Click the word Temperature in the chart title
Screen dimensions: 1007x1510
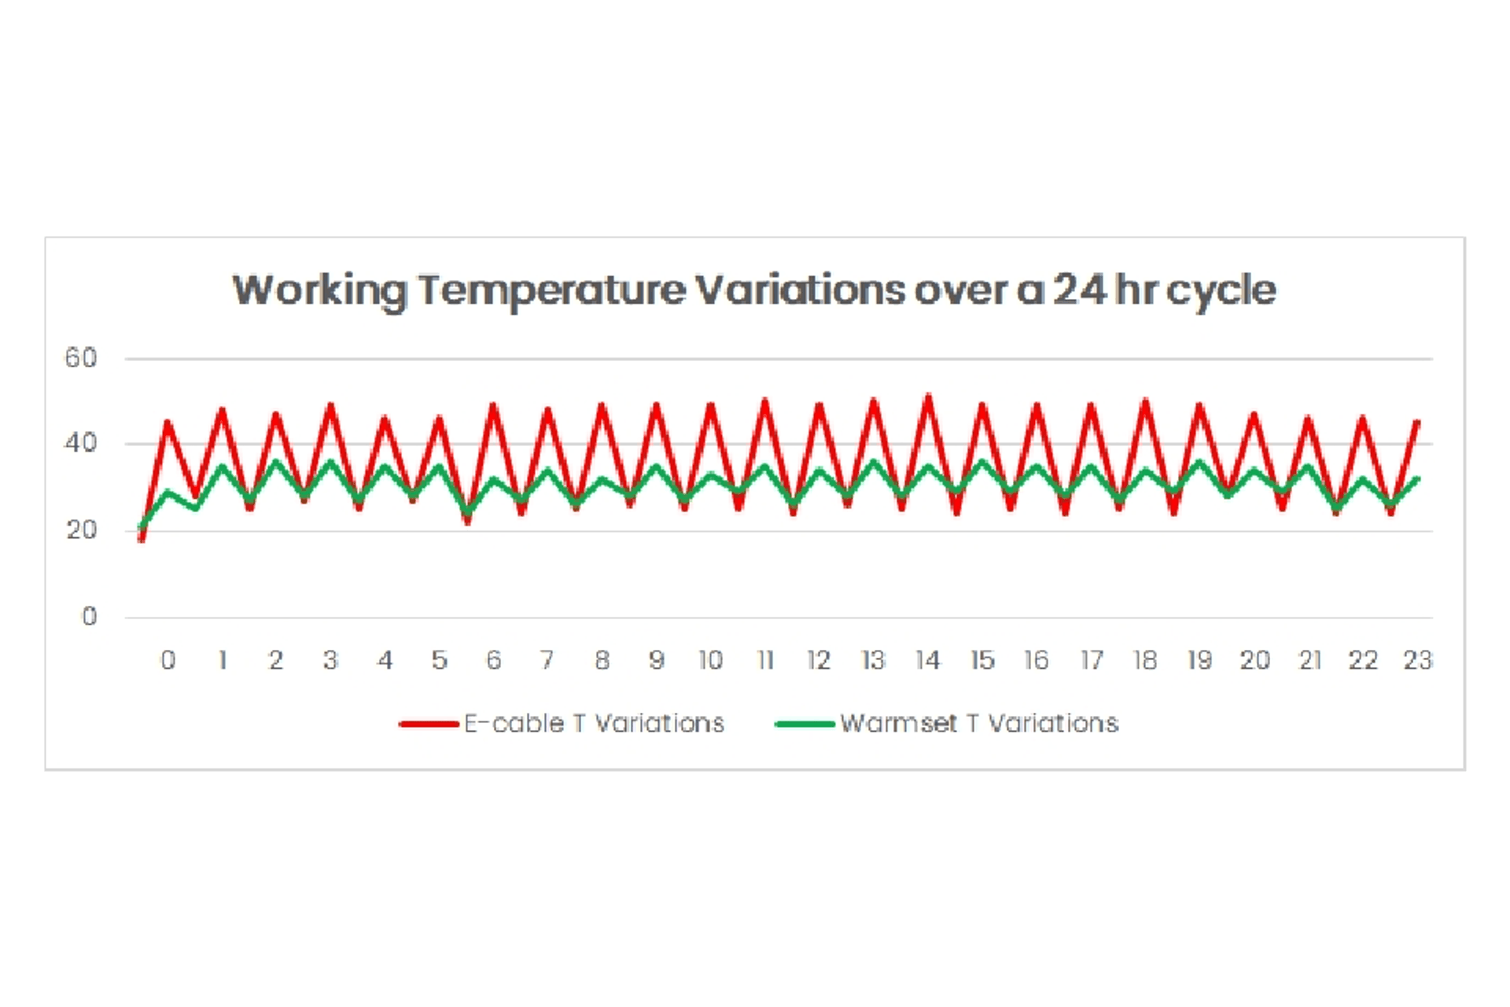[551, 290]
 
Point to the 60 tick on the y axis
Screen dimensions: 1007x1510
[81, 359]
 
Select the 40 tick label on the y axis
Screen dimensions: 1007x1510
[81, 444]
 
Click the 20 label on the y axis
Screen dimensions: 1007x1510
[81, 530]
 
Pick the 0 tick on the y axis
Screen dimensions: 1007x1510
[90, 616]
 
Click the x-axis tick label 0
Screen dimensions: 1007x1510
[168, 660]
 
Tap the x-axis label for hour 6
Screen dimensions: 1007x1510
[494, 660]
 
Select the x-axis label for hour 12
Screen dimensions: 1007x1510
[819, 660]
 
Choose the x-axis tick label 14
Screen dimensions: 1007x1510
[928, 660]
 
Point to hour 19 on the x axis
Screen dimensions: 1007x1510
[1199, 660]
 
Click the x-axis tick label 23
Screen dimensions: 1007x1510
[1418, 660]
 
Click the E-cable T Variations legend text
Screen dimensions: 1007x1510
[594, 724]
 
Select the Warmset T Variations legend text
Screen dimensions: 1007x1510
[979, 724]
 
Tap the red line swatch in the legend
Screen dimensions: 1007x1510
[429, 724]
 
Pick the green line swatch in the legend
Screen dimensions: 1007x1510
[805, 724]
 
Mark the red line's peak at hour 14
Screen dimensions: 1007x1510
[929, 397]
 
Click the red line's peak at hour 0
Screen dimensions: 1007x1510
[168, 422]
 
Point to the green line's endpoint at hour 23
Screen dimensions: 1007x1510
[1417, 478]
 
